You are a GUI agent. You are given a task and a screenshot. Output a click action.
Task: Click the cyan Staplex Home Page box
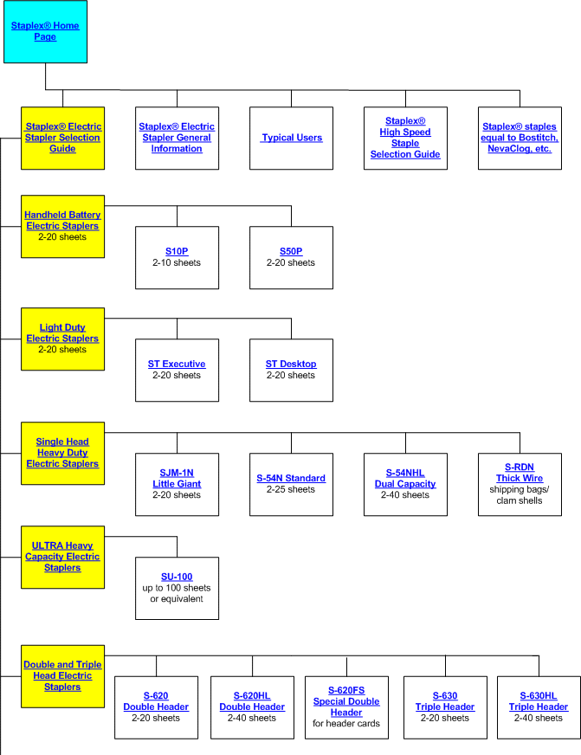(45, 31)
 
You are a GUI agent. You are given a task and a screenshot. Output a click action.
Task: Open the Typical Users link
(292, 138)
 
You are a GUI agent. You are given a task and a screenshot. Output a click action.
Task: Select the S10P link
(177, 251)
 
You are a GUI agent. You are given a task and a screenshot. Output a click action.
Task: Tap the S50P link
(291, 251)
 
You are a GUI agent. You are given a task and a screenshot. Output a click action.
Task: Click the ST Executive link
(177, 364)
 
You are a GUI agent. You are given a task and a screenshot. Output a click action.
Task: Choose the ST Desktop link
(291, 364)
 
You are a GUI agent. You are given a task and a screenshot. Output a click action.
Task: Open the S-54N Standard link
(291, 478)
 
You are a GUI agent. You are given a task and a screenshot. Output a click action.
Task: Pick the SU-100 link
(177, 577)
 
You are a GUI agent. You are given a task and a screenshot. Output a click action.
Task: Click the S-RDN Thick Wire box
(520, 484)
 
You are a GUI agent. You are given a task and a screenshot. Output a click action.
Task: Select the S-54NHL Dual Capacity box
(405, 484)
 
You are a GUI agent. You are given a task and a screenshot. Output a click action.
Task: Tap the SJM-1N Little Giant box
(178, 484)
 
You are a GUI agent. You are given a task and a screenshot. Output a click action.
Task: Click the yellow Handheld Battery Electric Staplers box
(62, 226)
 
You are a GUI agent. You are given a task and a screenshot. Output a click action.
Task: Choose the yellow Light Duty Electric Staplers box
(62, 339)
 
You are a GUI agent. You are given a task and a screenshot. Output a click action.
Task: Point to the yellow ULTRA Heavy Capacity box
(62, 557)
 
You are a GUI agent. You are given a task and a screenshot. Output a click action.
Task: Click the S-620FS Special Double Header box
(346, 707)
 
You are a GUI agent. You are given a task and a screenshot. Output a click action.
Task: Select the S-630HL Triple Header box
(539, 707)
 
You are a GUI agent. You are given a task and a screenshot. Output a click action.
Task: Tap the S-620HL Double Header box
(252, 707)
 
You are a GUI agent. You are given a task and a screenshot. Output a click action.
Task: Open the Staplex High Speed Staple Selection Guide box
(405, 139)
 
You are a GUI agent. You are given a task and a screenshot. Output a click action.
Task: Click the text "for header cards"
(346, 724)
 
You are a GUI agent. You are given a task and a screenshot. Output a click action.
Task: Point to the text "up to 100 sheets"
(177, 588)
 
